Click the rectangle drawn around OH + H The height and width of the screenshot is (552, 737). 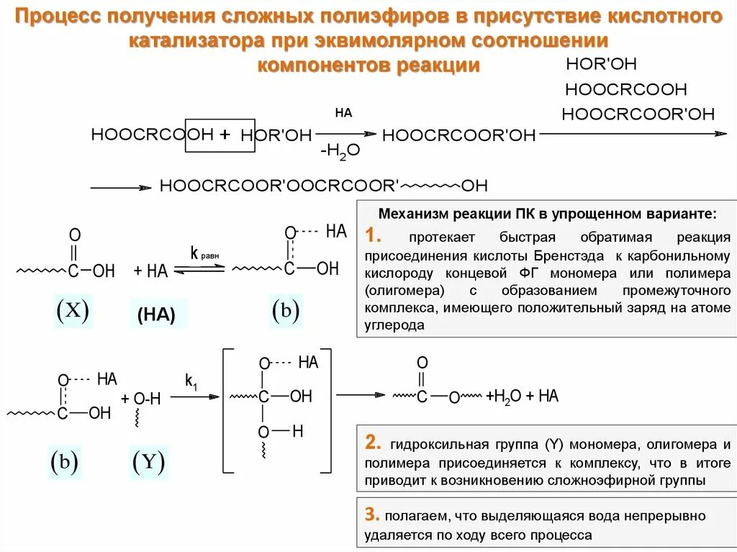click(220, 135)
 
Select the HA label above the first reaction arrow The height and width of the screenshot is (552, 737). click(343, 113)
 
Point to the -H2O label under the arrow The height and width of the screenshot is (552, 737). click(340, 151)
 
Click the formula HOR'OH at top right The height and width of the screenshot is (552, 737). click(601, 64)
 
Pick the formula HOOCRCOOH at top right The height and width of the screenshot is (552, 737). click(625, 90)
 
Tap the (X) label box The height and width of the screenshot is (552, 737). click(72, 310)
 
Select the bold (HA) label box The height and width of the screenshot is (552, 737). click(157, 315)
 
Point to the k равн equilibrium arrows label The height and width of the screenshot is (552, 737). click(204, 254)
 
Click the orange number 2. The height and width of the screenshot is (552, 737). click(371, 442)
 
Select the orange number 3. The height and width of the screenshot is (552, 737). click(371, 514)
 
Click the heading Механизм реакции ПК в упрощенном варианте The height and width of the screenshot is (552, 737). click(548, 214)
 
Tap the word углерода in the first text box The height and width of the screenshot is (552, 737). click(394, 325)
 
